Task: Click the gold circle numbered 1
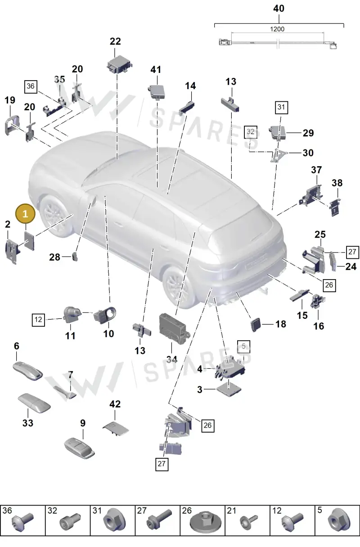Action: pos(25,214)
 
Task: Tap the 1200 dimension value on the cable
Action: pos(277,29)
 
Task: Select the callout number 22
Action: pos(115,41)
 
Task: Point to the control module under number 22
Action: pos(120,64)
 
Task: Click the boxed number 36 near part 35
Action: pos(31,86)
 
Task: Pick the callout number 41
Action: pos(156,70)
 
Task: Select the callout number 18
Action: pos(281,324)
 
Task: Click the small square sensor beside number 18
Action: pos(256,324)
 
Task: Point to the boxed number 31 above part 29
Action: pos(281,107)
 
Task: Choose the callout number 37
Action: pos(316,170)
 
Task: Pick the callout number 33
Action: pos(28,423)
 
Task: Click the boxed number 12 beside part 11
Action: pos(38,320)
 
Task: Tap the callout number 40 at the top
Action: pos(279,9)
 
